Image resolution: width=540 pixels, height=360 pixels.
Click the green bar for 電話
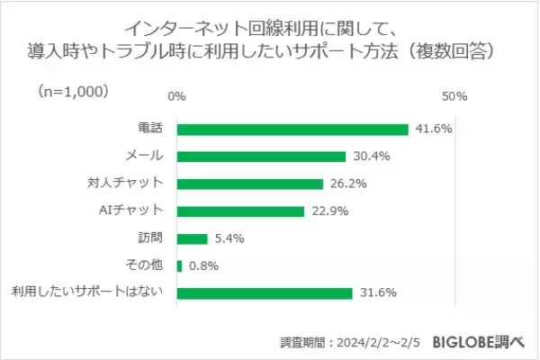pyautogui.click(x=292, y=129)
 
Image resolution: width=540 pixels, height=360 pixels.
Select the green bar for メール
pyautogui.click(x=261, y=156)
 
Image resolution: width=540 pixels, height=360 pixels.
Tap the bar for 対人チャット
pyautogui.click(x=249, y=184)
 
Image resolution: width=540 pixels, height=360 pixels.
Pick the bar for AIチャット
pyautogui.click(x=240, y=211)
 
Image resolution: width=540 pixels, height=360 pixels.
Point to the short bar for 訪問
pyautogui.click(x=192, y=238)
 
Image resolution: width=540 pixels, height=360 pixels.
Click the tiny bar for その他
pyautogui.click(x=180, y=265)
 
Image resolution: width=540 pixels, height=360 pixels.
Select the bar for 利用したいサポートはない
pyautogui.click(x=264, y=292)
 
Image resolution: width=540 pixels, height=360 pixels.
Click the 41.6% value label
pyautogui.click(x=433, y=129)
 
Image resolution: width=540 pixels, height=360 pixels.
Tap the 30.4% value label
pyautogui.click(x=370, y=156)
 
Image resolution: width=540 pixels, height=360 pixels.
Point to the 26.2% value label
pyautogui.click(x=346, y=184)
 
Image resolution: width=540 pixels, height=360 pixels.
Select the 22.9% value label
pyautogui.click(x=328, y=211)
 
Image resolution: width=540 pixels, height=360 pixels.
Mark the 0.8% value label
pyautogui.click(x=203, y=265)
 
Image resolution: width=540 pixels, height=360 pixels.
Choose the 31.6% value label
pyautogui.click(x=375, y=292)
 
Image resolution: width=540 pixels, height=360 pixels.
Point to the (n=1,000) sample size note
pyautogui.click(x=73, y=91)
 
